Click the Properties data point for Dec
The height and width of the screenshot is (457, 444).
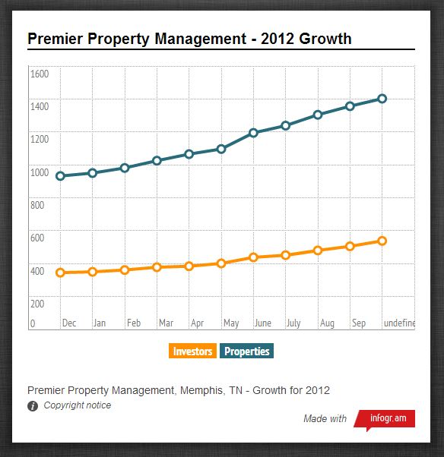pyautogui.click(x=60, y=176)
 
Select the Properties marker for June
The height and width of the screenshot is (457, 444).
pyautogui.click(x=253, y=133)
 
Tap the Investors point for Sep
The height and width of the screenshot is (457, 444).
pyautogui.click(x=350, y=246)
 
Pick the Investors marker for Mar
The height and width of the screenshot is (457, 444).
pyautogui.click(x=157, y=267)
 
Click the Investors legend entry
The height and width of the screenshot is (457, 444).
pyautogui.click(x=192, y=351)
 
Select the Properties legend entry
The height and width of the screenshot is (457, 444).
pyautogui.click(x=246, y=351)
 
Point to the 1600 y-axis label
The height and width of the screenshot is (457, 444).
pyautogui.click(x=40, y=74)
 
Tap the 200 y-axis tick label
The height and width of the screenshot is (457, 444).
pyautogui.click(x=37, y=304)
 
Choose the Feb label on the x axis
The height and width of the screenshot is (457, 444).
pyautogui.click(x=134, y=323)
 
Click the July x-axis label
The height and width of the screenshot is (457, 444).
pyautogui.click(x=293, y=323)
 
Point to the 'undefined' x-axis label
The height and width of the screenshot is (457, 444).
pyautogui.click(x=399, y=323)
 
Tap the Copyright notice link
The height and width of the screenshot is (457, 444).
pyautogui.click(x=78, y=405)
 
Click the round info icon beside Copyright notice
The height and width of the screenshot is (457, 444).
pyautogui.click(x=33, y=406)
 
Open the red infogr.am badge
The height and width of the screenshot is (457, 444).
pyautogui.click(x=385, y=419)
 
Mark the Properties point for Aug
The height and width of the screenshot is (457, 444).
pyautogui.click(x=318, y=115)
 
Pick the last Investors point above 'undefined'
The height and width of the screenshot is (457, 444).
pyautogui.click(x=382, y=241)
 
